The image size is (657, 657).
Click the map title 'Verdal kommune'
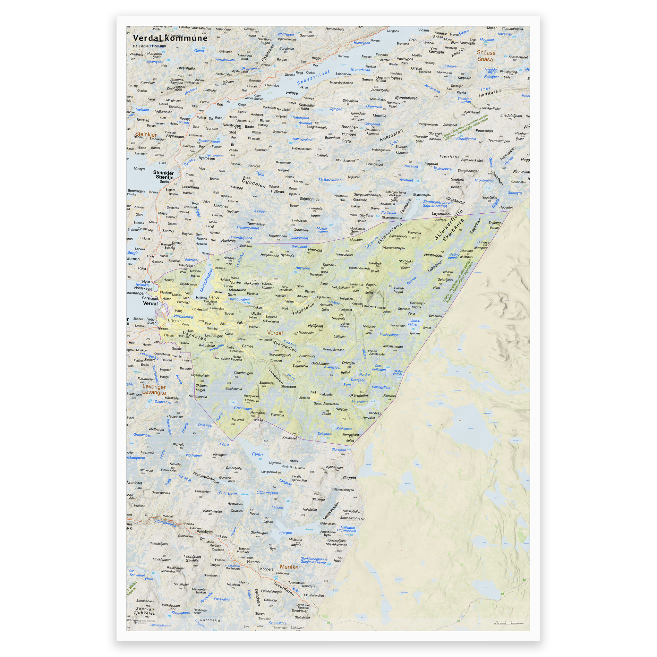[x=170, y=38]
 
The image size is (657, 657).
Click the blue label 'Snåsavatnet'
[x=313, y=78]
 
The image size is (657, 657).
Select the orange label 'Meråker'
[x=290, y=567]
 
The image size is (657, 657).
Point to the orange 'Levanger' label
[x=154, y=387]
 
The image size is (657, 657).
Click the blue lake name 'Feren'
[x=257, y=454]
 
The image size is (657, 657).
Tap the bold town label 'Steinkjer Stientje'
[x=164, y=175]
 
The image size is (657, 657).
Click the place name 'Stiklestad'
[x=200, y=310]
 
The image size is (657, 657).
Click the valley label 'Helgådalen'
[x=303, y=309]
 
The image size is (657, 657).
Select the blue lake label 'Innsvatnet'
[x=359, y=402]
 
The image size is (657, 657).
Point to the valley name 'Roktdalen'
[x=391, y=135]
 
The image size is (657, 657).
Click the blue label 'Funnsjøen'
[x=227, y=493]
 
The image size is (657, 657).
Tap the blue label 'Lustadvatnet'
[x=329, y=180]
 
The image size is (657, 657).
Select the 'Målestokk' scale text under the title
[x=149, y=46]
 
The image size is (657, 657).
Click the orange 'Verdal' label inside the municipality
[x=275, y=333]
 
